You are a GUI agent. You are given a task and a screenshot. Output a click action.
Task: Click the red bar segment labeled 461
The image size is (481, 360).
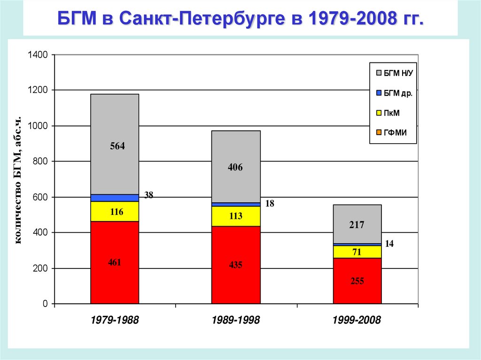tap(115, 262)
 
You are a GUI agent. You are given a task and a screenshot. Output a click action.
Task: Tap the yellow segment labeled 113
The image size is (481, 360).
tap(236, 216)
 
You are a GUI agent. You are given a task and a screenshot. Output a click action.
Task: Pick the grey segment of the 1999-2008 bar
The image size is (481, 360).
tap(357, 224)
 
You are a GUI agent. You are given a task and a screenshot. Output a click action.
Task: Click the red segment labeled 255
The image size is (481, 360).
tap(357, 281)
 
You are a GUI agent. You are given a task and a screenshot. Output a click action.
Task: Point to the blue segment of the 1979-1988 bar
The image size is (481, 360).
tap(115, 198)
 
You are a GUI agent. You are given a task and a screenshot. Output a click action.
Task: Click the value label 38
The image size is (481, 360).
tap(148, 195)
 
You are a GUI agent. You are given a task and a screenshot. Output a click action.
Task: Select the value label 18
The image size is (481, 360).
tap(270, 203)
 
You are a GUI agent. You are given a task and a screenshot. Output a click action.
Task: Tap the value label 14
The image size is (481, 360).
tap(389, 244)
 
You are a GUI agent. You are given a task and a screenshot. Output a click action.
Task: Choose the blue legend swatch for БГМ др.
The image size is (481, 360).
tap(378, 93)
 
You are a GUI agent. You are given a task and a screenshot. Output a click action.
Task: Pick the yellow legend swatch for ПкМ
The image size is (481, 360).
tap(378, 113)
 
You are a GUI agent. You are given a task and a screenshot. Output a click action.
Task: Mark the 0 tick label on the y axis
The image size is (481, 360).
tap(46, 304)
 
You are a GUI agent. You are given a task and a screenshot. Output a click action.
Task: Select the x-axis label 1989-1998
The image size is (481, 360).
tap(236, 320)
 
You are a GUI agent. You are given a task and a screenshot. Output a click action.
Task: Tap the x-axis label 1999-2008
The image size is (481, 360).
tap(357, 320)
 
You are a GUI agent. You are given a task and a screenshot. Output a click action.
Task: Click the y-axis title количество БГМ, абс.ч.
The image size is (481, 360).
tap(19, 179)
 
